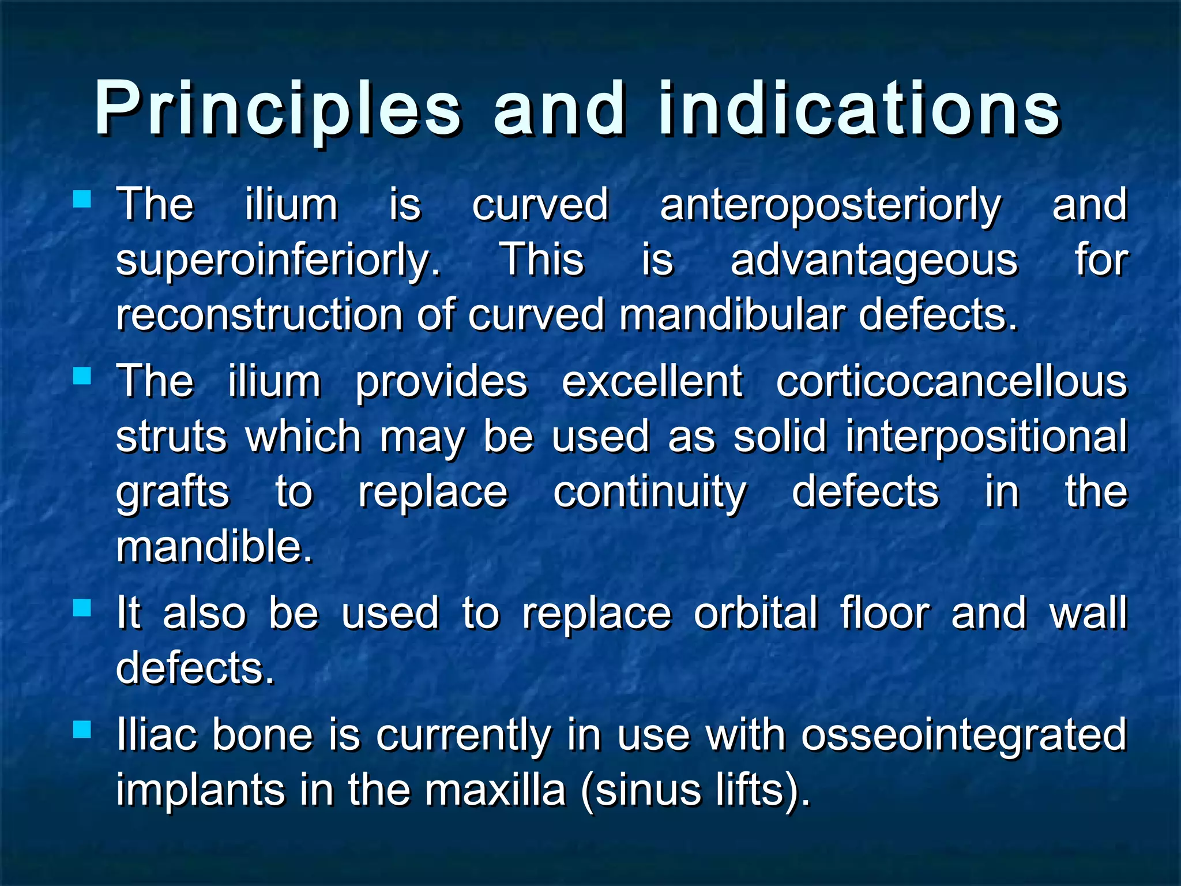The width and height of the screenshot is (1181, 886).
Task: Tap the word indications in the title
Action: coord(859,110)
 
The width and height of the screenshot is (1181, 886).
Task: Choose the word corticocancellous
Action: coord(951,382)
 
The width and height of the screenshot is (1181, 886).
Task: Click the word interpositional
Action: coord(986,437)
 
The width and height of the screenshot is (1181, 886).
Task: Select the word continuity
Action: coord(650,492)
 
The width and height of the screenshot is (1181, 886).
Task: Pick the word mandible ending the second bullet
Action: coord(214,547)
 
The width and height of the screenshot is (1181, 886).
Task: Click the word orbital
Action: coord(755,613)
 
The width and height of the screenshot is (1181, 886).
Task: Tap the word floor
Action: coord(885,613)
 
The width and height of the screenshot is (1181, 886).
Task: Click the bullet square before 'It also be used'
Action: coord(82,607)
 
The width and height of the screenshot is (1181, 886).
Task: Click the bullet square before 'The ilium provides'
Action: coord(82,376)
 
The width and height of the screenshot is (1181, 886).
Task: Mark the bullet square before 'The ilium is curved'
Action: coord(82,200)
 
